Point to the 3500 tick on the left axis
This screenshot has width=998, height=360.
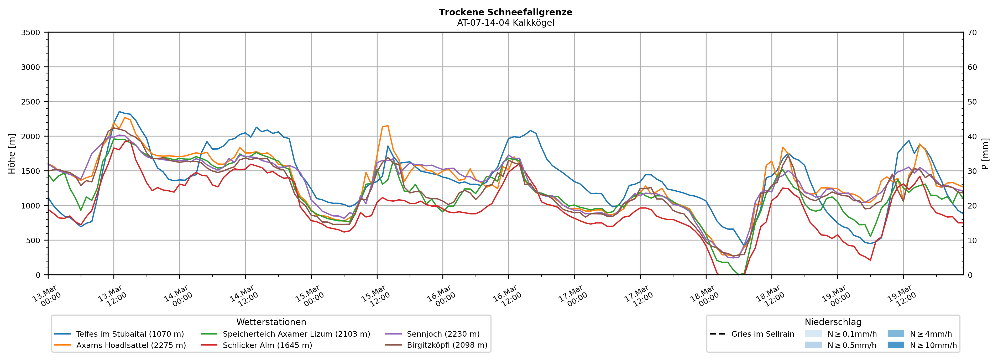pyautogui.click(x=31, y=33)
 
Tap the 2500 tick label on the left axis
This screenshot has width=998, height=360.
pyautogui.click(x=31, y=102)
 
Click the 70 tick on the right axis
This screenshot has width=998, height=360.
pyautogui.click(x=972, y=33)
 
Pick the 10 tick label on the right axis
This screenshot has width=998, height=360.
pyautogui.click(x=972, y=240)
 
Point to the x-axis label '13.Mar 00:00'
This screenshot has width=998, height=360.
pyautogui.click(x=46, y=296)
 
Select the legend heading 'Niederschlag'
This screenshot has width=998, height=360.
pyautogui.click(x=833, y=322)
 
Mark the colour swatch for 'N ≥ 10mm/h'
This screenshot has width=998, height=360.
pyautogui.click(x=896, y=345)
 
